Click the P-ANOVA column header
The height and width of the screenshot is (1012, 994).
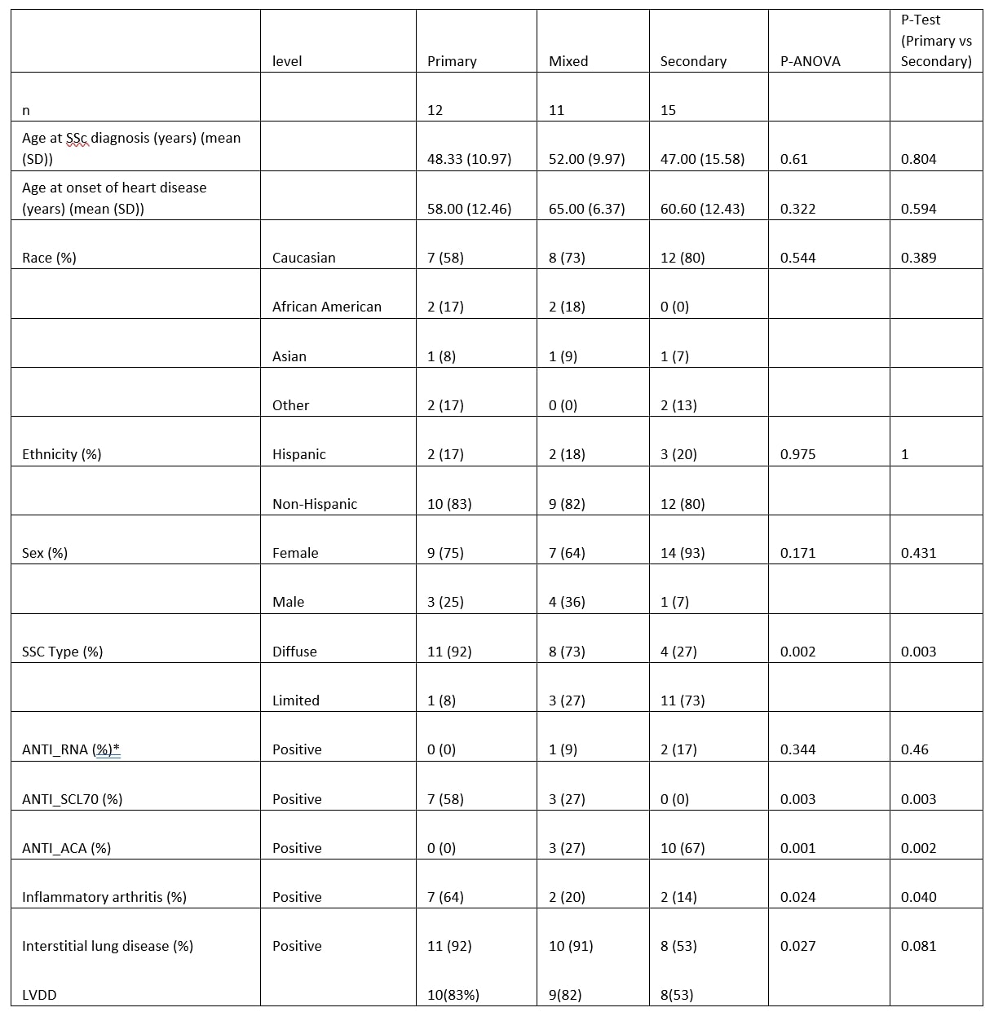point(810,61)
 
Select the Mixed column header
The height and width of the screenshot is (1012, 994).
point(568,61)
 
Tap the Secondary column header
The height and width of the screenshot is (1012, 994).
point(693,61)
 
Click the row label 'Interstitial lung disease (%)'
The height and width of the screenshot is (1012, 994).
point(108,946)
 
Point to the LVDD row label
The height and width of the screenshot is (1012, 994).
point(39,995)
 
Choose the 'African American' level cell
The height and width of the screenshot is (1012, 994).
point(326,307)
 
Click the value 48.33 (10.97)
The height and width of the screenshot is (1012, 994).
point(469,159)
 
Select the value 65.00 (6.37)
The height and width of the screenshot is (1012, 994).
point(586,209)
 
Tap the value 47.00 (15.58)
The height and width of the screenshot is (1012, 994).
point(702,159)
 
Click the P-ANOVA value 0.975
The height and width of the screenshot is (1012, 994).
point(797,454)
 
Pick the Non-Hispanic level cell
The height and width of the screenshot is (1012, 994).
point(314,504)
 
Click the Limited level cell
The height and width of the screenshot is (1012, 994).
point(295,700)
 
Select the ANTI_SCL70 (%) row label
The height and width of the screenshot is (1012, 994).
point(72,799)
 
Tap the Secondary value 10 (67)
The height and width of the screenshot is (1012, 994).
point(683,848)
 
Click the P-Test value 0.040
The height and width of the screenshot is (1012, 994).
point(918,897)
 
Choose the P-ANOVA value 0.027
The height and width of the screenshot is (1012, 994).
point(797,946)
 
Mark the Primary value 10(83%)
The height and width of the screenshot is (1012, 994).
point(453,995)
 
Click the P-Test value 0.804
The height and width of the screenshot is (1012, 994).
point(918,159)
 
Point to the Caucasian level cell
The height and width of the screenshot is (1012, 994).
point(303,258)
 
